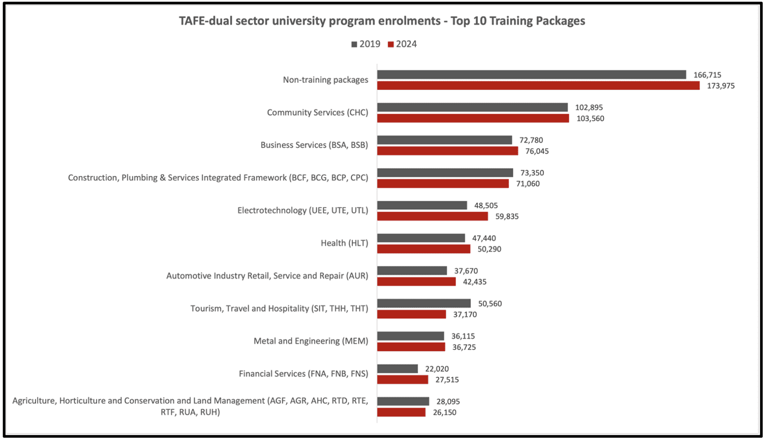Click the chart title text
[382, 22]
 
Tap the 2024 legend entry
[402, 44]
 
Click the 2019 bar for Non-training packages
[532, 75]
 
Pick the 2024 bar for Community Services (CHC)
[473, 118]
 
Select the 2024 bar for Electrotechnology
[433, 216]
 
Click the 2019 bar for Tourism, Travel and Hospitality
[424, 303]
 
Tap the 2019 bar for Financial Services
[398, 368]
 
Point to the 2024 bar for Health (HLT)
[423, 249]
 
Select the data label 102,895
[589, 108]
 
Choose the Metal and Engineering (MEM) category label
[310, 341]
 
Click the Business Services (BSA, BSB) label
[314, 145]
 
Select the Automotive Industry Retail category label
[267, 276]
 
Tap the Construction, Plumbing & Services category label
[218, 178]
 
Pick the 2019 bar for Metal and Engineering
[411, 336]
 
